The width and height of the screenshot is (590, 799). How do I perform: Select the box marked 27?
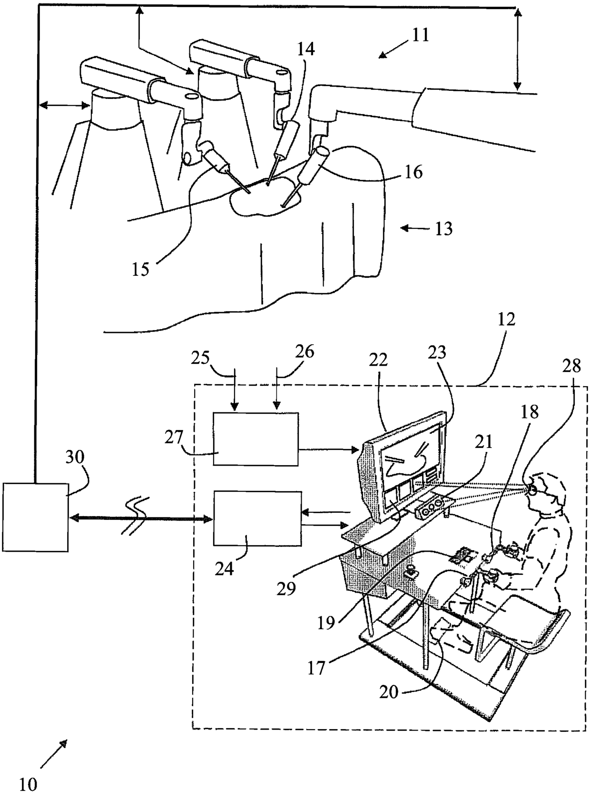pos(256,438)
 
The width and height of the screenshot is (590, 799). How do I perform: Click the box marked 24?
pos(257,518)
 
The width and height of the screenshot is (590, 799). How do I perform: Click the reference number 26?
pos(305,352)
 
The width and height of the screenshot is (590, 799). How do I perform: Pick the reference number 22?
pos(377,360)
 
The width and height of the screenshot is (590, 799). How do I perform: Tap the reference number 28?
pos(571,365)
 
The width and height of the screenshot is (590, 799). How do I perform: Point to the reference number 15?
pos(141,269)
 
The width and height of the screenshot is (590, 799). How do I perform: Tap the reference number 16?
pos(413,172)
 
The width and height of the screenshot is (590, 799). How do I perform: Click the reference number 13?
pos(443,229)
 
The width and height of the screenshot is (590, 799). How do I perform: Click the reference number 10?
pos(29,784)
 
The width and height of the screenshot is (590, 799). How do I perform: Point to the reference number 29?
pos(287,588)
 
